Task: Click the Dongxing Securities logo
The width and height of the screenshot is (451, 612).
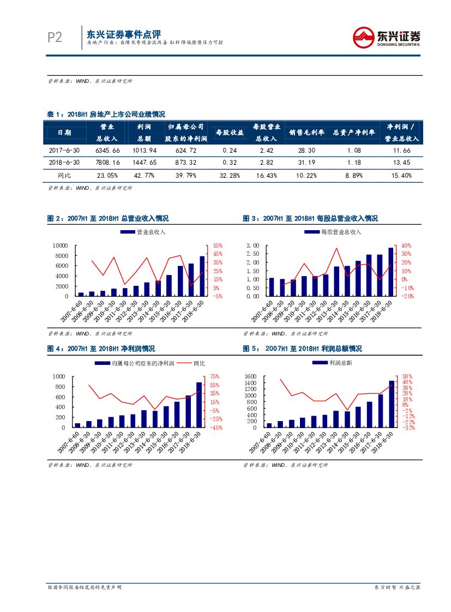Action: point(386,37)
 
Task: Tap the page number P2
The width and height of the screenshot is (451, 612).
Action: point(55,37)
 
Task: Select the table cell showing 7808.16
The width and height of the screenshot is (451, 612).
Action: point(107,163)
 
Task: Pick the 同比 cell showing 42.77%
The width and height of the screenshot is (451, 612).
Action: point(144,176)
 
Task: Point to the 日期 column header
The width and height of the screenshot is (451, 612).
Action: point(64,133)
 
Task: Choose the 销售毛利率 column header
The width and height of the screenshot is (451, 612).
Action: point(306,133)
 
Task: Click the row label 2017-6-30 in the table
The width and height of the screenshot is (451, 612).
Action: point(64,150)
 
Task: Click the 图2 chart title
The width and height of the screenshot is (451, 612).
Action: point(108,219)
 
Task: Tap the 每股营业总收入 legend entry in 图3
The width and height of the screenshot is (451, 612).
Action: point(334,232)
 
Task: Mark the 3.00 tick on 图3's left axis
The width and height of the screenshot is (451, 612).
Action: point(252,246)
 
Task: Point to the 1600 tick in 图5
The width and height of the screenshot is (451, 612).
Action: point(250,377)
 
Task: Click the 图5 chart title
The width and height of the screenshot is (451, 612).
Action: point(302,349)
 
